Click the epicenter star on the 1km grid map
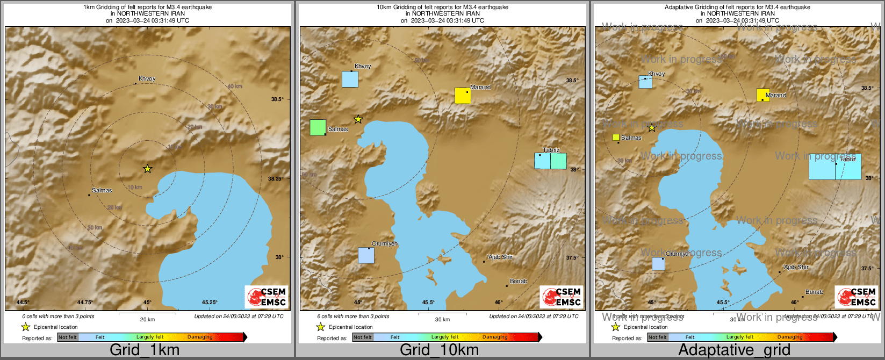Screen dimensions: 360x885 tap(148, 169)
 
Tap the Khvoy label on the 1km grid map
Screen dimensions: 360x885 tap(147, 78)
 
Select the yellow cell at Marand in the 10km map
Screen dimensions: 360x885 tap(463, 96)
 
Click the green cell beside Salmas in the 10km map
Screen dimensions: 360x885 tap(318, 127)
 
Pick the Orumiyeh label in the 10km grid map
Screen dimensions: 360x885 tap(385, 243)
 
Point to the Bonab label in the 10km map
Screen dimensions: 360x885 tap(519, 281)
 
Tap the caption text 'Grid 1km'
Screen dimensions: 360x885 tap(145, 350)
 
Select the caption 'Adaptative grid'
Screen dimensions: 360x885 tap(734, 350)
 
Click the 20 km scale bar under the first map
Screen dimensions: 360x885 tap(147, 314)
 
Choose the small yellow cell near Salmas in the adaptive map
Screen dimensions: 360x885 tap(616, 137)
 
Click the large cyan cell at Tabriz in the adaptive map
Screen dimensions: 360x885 tap(835, 167)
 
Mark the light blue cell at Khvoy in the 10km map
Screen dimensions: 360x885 tap(350, 79)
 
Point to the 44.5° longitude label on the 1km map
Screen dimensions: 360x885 tap(23, 302)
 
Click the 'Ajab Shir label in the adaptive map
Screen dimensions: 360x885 tap(796, 267)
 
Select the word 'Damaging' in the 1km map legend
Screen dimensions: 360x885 tap(200, 337)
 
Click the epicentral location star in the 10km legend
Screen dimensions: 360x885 tap(321, 327)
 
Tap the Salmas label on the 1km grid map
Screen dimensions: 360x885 tap(102, 190)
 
